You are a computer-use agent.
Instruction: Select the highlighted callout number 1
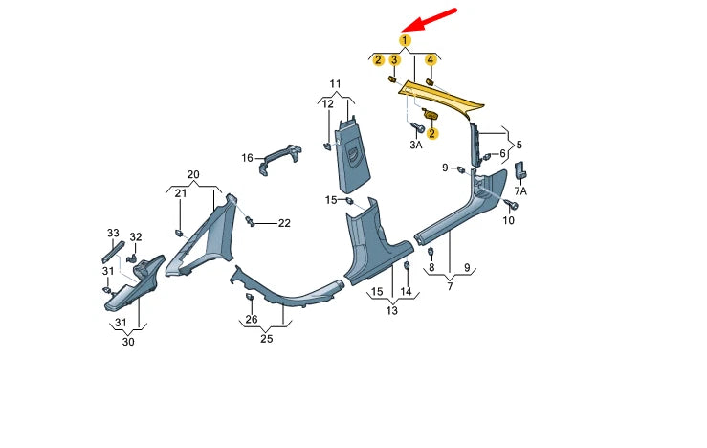[x=405, y=40]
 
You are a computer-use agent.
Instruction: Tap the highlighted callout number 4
[x=430, y=60]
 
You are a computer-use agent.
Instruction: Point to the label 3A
[x=416, y=145]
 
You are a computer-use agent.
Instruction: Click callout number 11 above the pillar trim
[x=336, y=83]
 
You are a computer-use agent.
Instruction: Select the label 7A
[x=521, y=190]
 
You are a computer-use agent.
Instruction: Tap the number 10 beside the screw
[x=509, y=221]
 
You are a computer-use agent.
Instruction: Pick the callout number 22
[x=284, y=223]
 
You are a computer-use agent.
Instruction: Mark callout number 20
[x=193, y=175]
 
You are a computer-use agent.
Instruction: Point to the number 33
[x=113, y=234]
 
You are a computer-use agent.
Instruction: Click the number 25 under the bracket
[x=267, y=339]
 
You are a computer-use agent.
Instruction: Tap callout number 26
[x=252, y=319]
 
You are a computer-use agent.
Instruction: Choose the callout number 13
[x=392, y=310]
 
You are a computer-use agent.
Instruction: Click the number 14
[x=406, y=291]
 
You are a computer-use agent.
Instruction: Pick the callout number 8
[x=431, y=269]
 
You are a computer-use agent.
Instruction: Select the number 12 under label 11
[x=328, y=103]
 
